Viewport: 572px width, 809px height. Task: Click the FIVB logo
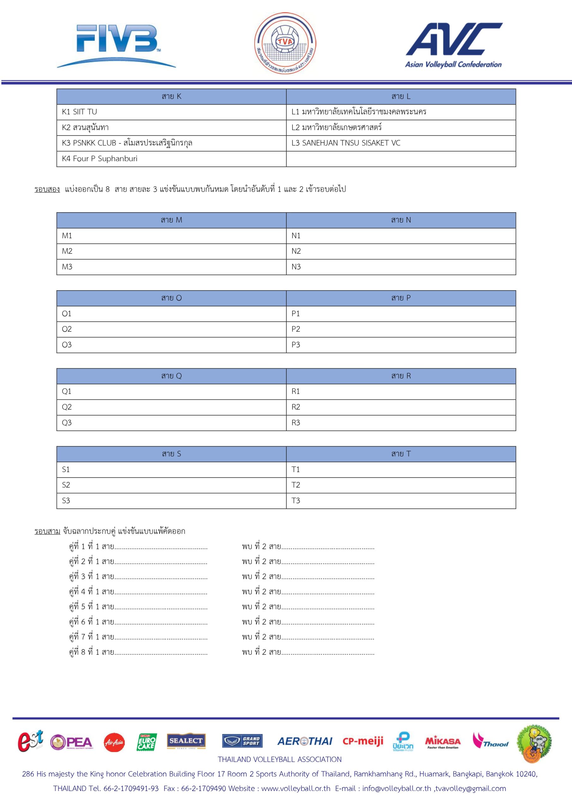pos(116,45)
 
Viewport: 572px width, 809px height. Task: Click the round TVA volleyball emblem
pos(285,43)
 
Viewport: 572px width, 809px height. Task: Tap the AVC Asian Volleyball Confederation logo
pos(454,45)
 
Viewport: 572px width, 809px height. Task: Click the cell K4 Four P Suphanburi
pos(171,159)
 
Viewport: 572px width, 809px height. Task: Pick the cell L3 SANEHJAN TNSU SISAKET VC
pos(401,143)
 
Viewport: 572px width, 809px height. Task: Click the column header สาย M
pos(171,220)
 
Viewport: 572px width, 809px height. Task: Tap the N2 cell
pos(401,251)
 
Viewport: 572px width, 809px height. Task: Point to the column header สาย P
pos(401,298)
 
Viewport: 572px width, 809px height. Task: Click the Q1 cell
pos(171,392)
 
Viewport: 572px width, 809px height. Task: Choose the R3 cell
pos(401,423)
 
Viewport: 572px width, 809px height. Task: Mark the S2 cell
pos(171,485)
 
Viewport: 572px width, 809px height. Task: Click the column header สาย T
pos(401,454)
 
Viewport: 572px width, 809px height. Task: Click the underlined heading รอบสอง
pos(47,189)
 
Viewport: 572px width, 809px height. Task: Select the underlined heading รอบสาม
pos(47,531)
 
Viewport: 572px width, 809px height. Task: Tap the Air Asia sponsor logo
pos(114,742)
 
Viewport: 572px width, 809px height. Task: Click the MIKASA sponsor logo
pos(443,742)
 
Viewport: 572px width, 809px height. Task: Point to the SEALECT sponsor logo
pos(186,741)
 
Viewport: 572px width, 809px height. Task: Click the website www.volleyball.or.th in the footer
pos(296,788)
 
